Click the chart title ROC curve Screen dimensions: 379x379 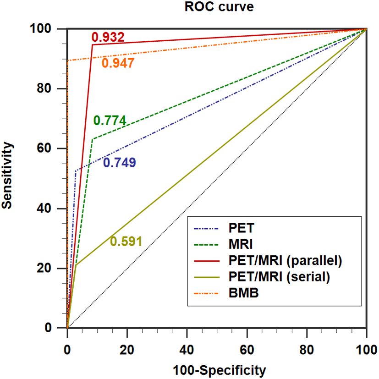tap(216, 7)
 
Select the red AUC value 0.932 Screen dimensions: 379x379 tap(108, 37)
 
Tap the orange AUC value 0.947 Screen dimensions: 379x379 tap(118, 63)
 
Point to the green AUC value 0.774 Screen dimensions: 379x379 tap(110, 121)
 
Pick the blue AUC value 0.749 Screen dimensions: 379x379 tap(119, 163)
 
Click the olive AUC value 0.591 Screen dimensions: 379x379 tap(126, 241)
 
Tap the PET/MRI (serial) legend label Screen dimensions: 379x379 tap(279, 277)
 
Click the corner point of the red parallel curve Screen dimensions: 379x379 tap(93, 44)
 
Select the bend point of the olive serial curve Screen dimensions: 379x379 tap(76, 265)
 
